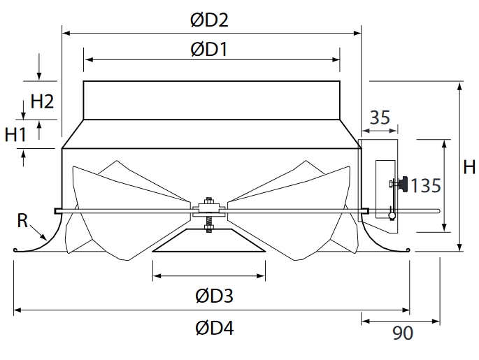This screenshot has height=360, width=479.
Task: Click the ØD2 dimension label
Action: [209, 20]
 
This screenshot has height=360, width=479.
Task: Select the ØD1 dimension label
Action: [209, 50]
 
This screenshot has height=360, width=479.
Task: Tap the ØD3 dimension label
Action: [215, 296]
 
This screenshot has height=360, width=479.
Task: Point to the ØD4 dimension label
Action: [215, 328]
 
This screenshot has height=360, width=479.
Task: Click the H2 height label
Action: [42, 101]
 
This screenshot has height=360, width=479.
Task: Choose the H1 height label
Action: [16, 134]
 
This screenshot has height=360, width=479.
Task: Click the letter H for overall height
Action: [469, 167]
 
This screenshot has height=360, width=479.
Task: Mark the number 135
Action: [426, 186]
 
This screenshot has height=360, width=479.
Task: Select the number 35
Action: [380, 117]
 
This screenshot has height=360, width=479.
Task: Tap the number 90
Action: [403, 333]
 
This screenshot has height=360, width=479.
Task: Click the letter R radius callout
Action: [22, 220]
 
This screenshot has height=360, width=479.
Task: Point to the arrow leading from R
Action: [38, 233]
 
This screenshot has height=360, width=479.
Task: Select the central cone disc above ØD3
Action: [209, 240]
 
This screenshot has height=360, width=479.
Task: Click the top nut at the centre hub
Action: [209, 201]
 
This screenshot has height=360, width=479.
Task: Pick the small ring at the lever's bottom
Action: [392, 215]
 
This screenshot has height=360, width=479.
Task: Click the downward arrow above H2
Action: [38, 66]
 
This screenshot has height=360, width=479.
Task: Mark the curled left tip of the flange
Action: [15, 250]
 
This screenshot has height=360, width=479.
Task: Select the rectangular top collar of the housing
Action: [211, 100]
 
